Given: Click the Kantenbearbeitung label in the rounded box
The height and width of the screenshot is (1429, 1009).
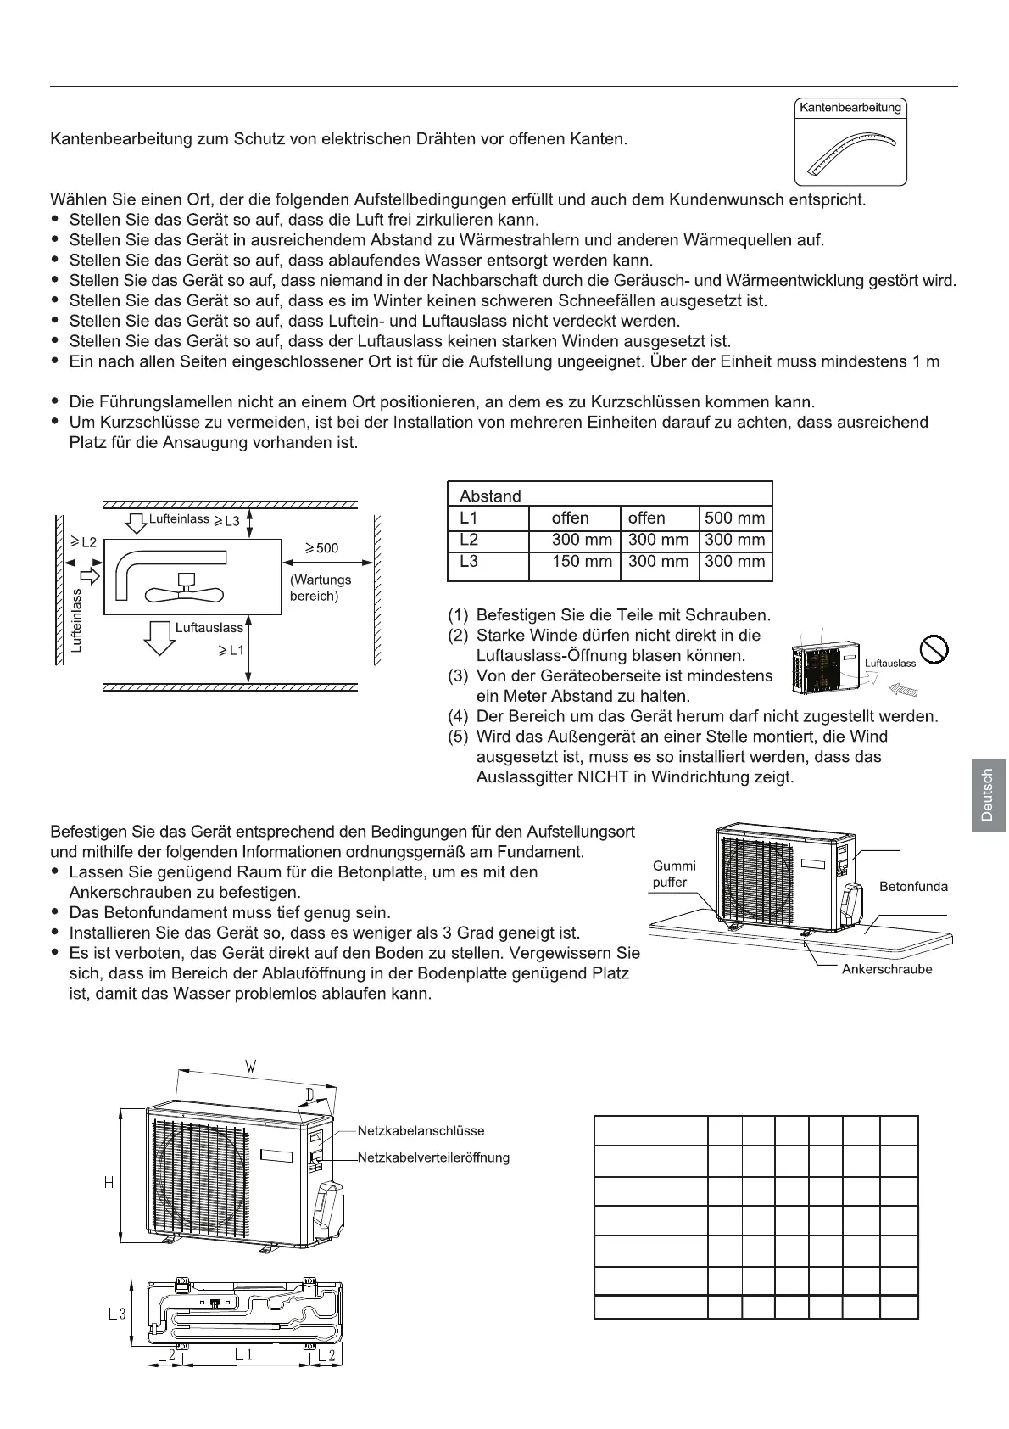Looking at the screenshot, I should point(850,108).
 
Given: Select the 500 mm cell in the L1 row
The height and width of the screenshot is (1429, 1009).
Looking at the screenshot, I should point(734,518).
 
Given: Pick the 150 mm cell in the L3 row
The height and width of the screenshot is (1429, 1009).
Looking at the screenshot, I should point(581,561).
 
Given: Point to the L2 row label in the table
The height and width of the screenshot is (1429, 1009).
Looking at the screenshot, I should point(469,540).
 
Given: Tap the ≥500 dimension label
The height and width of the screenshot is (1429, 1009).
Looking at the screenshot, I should point(321,548).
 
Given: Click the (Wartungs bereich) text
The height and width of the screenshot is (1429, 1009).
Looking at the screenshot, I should point(320,588).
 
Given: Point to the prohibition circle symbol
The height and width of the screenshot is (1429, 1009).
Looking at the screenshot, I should point(934,650).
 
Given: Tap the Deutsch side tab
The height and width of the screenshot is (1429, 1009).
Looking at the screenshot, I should point(985,794).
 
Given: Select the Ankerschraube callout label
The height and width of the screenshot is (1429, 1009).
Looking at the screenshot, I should point(886,969).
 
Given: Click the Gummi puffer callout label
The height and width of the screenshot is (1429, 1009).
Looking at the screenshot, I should point(674,874).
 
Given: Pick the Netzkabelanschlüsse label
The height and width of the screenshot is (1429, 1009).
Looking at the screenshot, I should point(421,1131).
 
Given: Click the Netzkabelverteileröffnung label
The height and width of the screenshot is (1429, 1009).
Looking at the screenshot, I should point(433,1157).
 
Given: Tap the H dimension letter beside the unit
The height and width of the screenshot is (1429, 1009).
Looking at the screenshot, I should point(109,1182).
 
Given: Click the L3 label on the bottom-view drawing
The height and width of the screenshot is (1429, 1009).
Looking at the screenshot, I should point(117,1314).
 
